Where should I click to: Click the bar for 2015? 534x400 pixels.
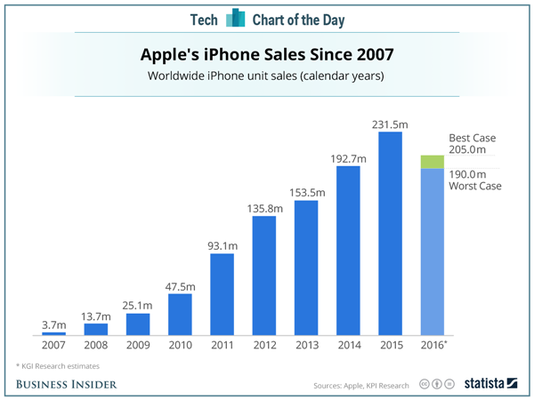click(390, 233)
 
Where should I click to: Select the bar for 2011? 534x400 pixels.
click(222, 294)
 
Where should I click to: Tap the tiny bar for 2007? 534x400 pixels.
click(54, 333)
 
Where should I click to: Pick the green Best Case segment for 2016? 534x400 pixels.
click(432, 161)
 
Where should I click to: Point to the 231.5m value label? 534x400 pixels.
click(390, 122)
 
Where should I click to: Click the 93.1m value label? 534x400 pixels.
click(222, 244)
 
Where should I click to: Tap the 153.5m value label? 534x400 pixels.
click(306, 191)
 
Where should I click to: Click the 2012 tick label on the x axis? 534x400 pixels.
click(263, 345)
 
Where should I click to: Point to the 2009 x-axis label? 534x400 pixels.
click(138, 345)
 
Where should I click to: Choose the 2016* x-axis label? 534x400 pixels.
click(433, 345)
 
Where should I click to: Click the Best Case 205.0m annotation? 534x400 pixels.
click(471, 144)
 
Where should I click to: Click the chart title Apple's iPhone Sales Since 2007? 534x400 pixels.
click(266, 55)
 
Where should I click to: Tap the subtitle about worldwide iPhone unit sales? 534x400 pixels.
click(266, 76)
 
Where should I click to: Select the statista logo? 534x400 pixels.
click(489, 383)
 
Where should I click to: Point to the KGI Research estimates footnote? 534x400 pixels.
click(57, 365)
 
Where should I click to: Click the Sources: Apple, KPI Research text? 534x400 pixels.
click(361, 385)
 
